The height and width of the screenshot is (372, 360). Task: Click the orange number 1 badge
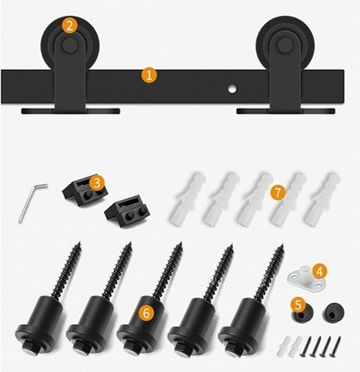tap(149, 75)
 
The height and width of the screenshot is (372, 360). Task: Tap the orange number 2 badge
tap(69, 26)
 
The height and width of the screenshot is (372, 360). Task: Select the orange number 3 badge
tap(97, 183)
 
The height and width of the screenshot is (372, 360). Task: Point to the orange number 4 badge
tap(319, 271)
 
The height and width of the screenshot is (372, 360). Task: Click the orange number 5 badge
tap(298, 304)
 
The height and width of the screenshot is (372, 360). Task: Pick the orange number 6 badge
tap(147, 313)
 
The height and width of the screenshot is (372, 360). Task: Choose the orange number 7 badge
tap(278, 192)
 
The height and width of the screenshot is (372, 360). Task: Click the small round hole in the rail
tap(232, 88)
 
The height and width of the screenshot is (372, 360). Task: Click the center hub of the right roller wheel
tap(285, 45)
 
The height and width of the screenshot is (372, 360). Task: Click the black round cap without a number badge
tap(333, 313)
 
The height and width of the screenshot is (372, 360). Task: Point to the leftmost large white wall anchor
tap(187, 199)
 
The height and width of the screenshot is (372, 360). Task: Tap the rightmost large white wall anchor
tap(322, 199)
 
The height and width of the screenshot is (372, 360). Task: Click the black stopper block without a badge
tap(128, 211)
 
